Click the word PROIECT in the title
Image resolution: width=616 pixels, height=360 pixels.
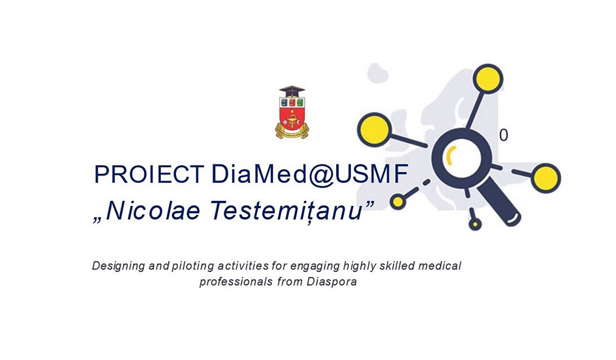click(149, 174)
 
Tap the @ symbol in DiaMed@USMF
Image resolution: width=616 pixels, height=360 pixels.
click(321, 175)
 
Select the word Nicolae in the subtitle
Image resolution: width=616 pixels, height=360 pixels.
click(153, 211)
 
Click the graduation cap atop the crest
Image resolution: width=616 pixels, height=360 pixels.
click(292, 91)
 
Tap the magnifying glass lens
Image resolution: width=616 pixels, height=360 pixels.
click(461, 158)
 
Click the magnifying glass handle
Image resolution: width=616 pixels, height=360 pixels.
click(498, 204)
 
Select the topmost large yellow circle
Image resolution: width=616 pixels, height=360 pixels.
click(488, 79)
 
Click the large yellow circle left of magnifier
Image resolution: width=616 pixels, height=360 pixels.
click(374, 130)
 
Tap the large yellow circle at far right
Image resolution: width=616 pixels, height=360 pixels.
click(546, 178)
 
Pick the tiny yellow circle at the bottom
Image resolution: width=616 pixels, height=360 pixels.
click(475, 224)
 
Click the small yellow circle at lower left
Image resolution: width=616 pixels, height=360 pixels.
click(398, 202)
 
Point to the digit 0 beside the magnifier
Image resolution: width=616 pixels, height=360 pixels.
click(504, 135)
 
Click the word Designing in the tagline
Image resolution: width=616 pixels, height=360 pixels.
click(119, 266)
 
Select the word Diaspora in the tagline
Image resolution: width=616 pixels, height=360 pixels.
click(332, 281)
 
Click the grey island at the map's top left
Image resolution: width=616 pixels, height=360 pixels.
click(378, 73)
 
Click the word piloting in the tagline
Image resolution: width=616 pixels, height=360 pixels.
click(193, 266)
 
